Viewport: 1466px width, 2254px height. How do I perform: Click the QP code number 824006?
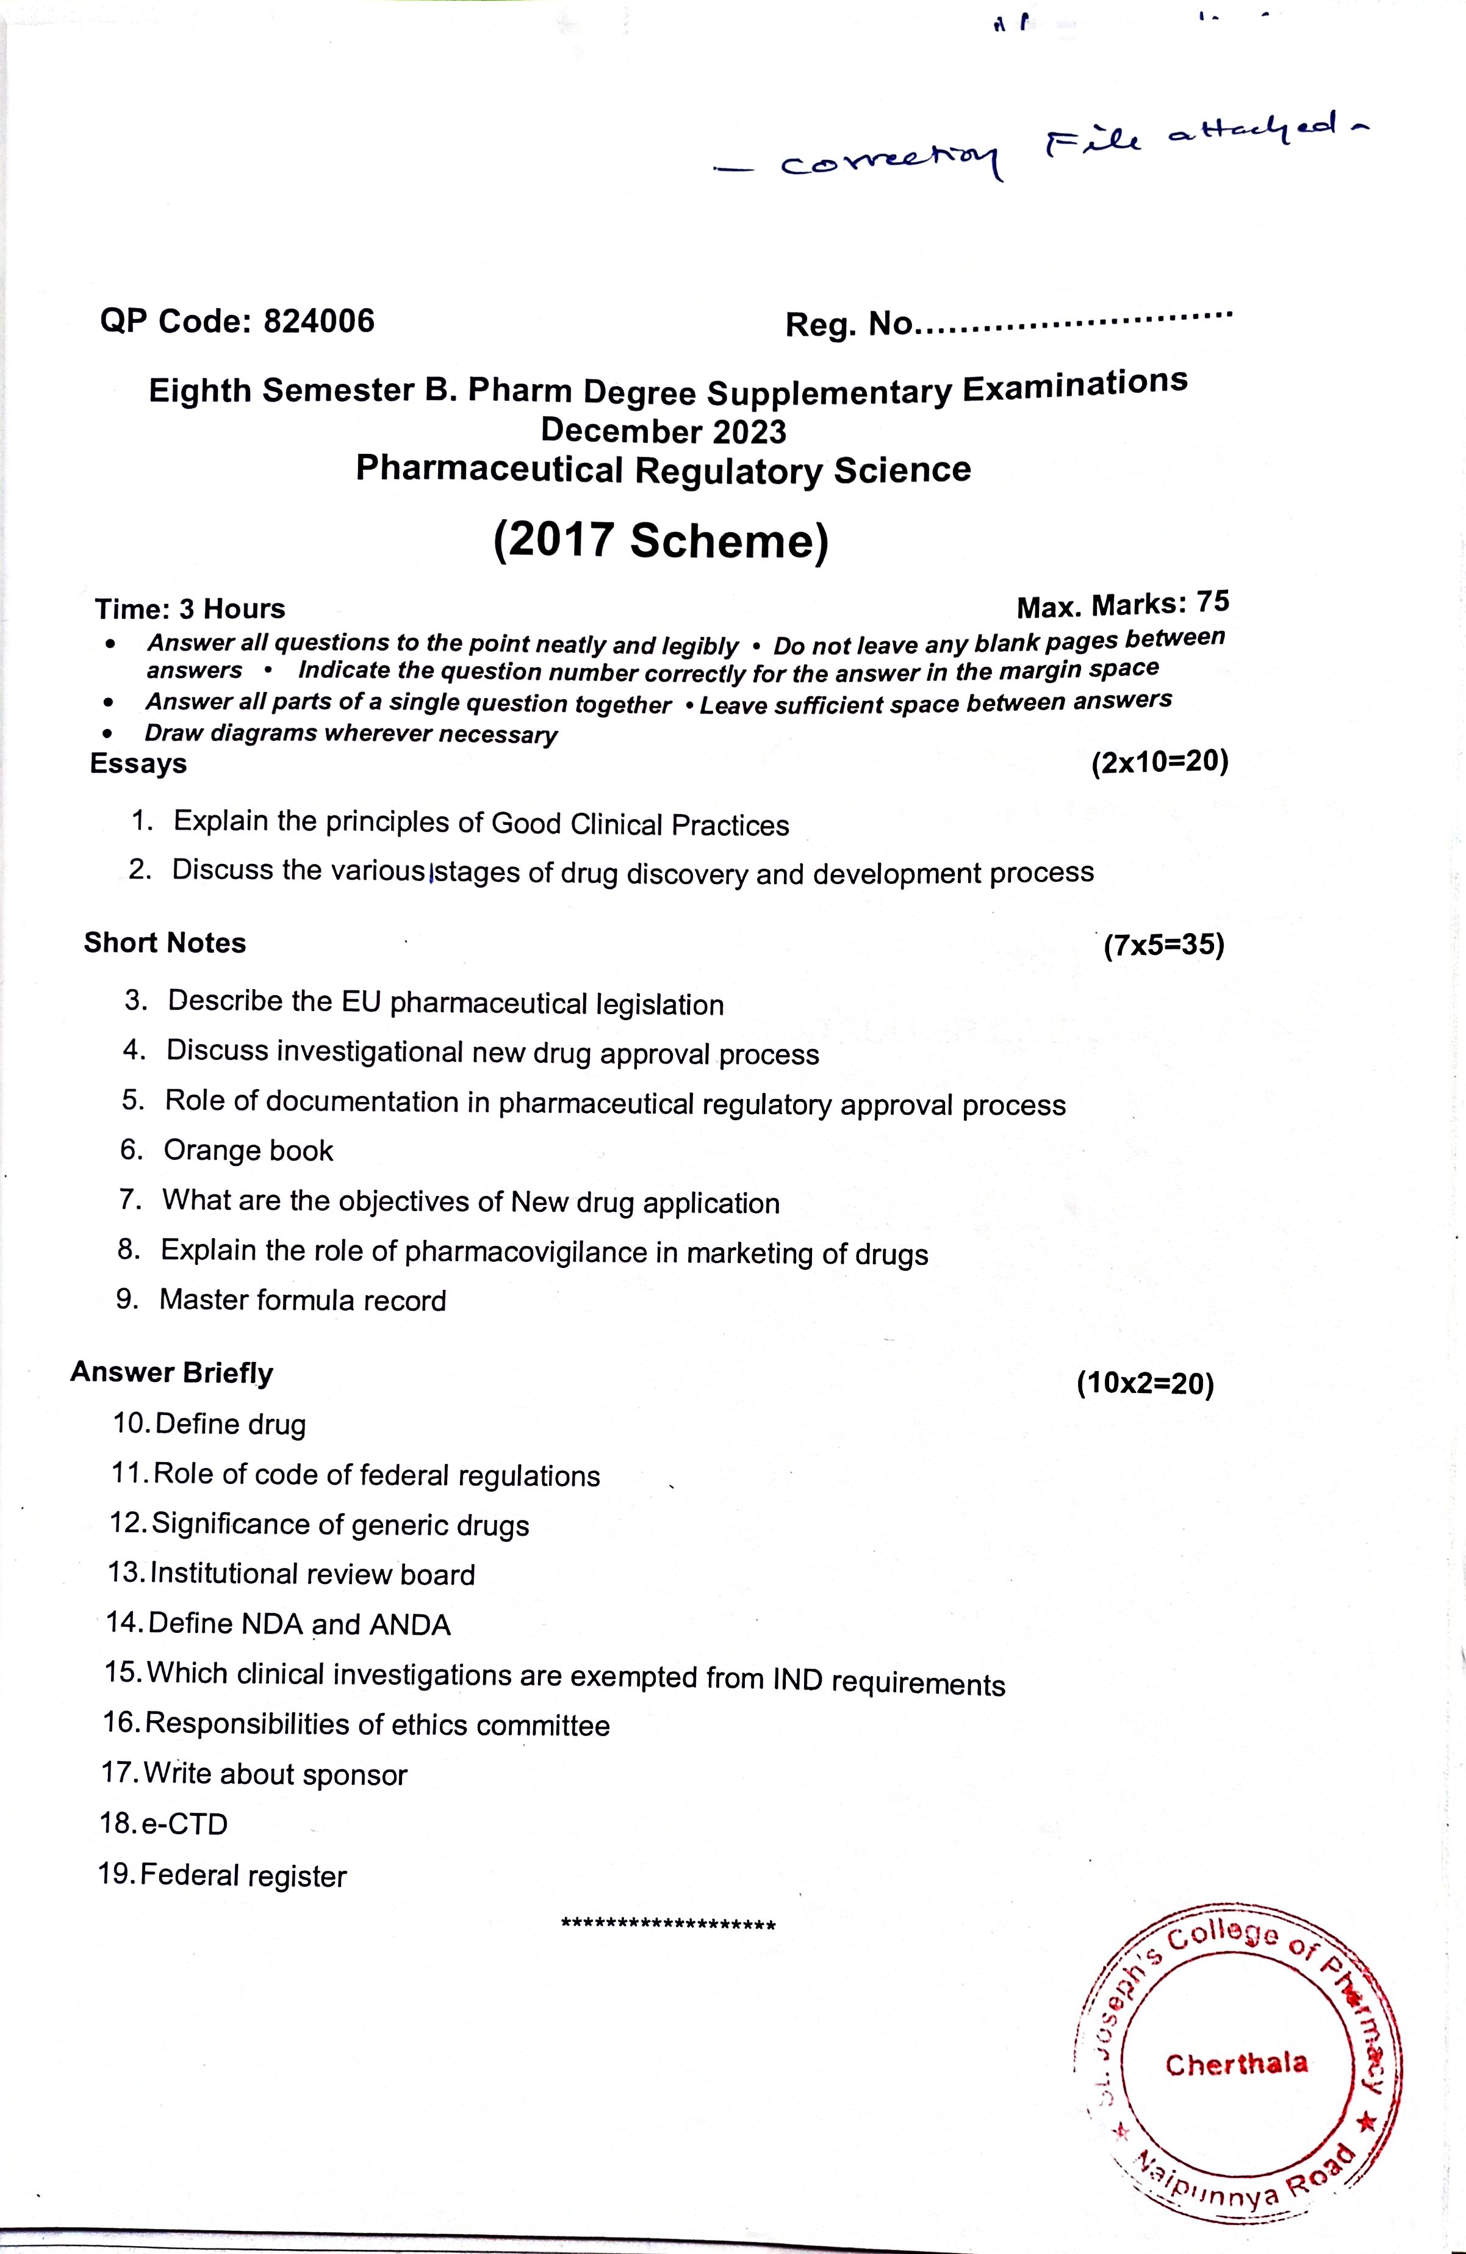(318, 321)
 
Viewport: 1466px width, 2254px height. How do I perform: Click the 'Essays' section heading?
(138, 763)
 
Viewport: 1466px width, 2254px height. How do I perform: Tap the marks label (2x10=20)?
(1159, 762)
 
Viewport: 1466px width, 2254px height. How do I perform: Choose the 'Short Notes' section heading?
(165, 942)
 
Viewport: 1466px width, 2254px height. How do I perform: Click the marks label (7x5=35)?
(1164, 944)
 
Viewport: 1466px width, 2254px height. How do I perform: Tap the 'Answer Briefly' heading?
(171, 1372)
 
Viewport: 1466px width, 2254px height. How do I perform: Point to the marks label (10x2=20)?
(1144, 1384)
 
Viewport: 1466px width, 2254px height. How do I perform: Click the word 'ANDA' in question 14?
(409, 1625)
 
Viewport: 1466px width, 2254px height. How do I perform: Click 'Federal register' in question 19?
(243, 1874)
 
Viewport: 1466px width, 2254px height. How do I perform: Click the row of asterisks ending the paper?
(669, 1925)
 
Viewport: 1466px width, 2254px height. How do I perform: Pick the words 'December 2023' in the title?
(663, 431)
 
